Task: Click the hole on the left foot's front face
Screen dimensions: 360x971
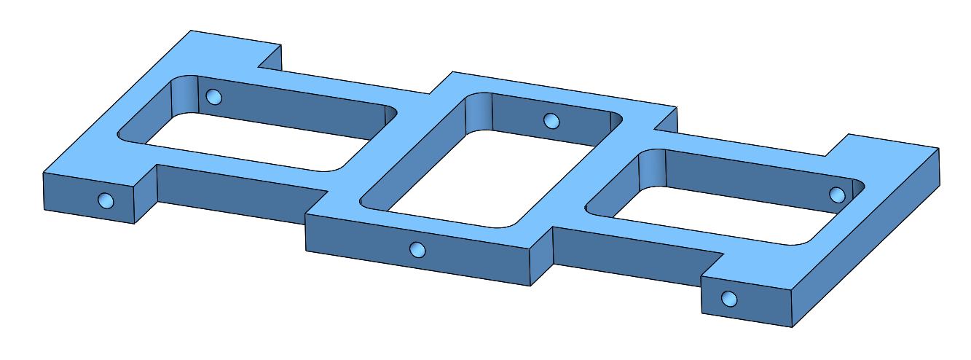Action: click(106, 200)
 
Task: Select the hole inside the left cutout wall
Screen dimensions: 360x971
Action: click(213, 97)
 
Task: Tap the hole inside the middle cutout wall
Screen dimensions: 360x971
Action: click(551, 120)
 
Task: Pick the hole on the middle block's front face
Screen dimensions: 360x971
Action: click(417, 250)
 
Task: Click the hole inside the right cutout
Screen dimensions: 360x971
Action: click(837, 195)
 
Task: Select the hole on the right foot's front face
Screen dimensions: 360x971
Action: click(728, 298)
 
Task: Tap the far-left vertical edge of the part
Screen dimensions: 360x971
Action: click(43, 191)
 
